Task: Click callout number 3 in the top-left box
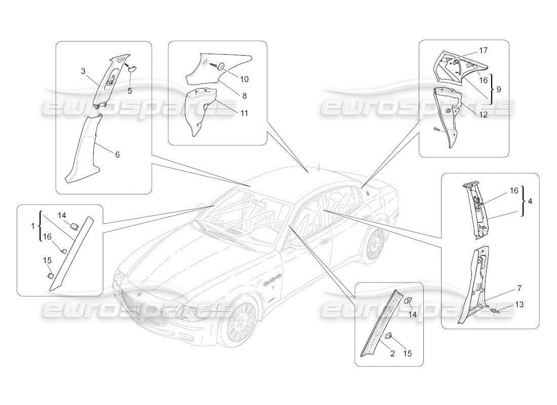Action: pyautogui.click(x=83, y=71)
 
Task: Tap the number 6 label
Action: pyautogui.click(x=117, y=154)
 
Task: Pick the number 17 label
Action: pyautogui.click(x=484, y=51)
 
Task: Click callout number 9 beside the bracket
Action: pyautogui.click(x=499, y=89)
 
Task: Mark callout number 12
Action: pyautogui.click(x=484, y=115)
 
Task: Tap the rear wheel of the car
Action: pyautogui.click(x=375, y=244)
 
